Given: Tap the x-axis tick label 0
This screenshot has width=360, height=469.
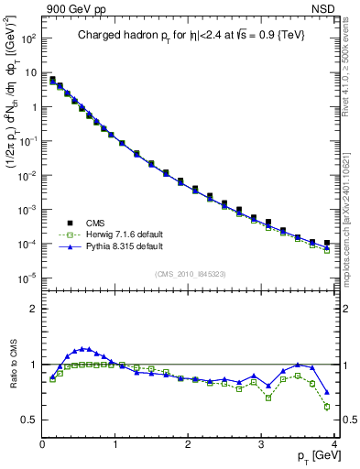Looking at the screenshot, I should coord(42,444).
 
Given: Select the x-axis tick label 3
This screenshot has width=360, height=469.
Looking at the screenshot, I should coord(261,444).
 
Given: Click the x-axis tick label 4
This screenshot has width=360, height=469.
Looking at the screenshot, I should coord(333,444).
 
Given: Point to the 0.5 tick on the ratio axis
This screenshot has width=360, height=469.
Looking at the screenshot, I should coord(28,420).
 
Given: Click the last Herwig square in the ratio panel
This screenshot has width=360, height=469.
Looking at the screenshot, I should coord(327,407).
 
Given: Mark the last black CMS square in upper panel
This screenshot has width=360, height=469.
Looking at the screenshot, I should coord(327,243).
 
